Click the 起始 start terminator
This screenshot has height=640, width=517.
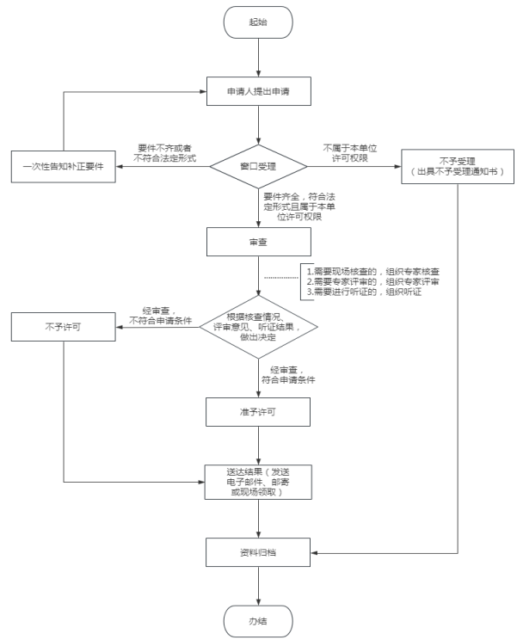coord(258,23)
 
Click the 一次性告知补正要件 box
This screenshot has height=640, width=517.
coord(63,165)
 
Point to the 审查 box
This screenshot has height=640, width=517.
coord(258,242)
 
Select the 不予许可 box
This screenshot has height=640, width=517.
coord(63,327)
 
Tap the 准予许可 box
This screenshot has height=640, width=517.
coord(258,411)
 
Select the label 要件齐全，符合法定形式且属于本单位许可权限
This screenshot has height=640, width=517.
coord(296,206)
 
